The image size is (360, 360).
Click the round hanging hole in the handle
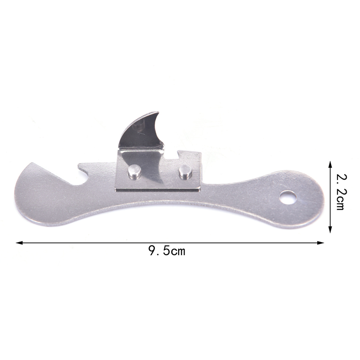click(x=288, y=198)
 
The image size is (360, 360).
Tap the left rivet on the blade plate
click(x=135, y=171)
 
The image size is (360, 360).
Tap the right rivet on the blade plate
click(x=185, y=172)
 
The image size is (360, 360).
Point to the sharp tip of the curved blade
click(x=158, y=112)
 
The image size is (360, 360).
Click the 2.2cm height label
click(x=342, y=192)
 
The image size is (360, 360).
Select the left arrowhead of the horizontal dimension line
click(x=19, y=243)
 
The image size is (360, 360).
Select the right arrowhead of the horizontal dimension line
click(x=320, y=243)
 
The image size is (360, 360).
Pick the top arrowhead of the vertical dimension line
click(x=330, y=164)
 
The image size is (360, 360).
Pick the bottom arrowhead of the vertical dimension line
click(x=330, y=229)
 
